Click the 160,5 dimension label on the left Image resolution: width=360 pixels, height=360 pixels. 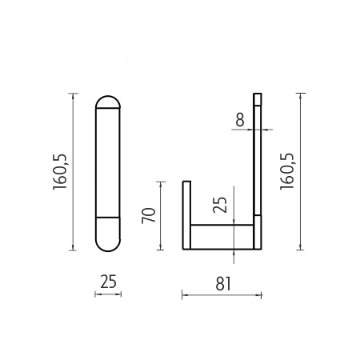click(x=60, y=172)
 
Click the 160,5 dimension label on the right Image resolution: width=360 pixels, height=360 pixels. click(x=287, y=172)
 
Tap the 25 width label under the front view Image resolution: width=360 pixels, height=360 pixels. click(x=109, y=282)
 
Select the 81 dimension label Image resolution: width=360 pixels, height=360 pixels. click(x=223, y=283)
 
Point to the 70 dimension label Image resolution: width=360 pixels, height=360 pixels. click(x=149, y=215)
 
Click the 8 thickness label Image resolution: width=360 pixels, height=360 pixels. click(x=240, y=119)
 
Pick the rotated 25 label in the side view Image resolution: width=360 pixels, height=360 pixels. click(x=220, y=205)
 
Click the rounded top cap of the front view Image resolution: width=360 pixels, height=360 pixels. click(x=108, y=102)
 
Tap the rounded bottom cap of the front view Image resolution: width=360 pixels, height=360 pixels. click(x=108, y=234)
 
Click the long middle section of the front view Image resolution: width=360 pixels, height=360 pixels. click(x=108, y=162)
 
